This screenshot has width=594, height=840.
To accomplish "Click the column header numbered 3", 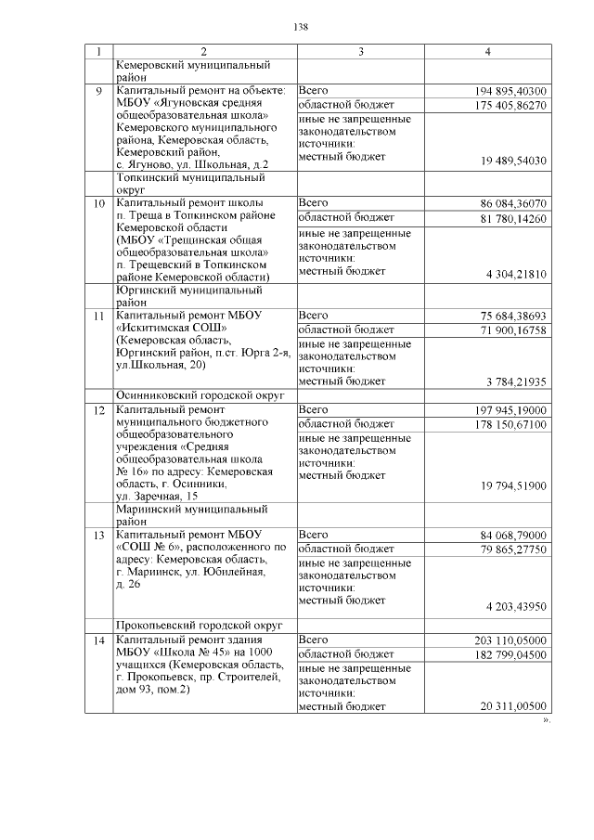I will coord(360,50).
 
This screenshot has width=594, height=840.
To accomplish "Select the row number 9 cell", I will coord(99,91).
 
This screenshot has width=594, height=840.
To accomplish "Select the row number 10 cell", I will coord(99,201).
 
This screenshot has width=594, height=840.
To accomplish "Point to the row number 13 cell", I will coord(99,535).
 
